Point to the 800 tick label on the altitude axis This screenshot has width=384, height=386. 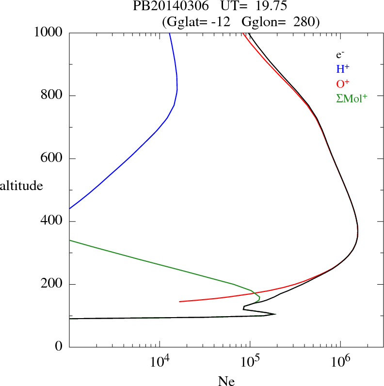click(52, 96)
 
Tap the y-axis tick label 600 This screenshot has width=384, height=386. click(52, 159)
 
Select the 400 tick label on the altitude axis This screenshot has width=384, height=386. click(52, 222)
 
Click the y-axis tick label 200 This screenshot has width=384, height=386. click(52, 284)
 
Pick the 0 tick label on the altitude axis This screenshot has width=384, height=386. click(59, 347)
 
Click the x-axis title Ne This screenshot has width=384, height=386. click(226, 381)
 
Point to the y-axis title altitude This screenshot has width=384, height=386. click(21, 185)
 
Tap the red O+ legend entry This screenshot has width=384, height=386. click(343, 83)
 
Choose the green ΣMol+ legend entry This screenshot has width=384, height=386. click(352, 98)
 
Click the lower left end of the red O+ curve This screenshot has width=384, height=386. click(180, 302)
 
